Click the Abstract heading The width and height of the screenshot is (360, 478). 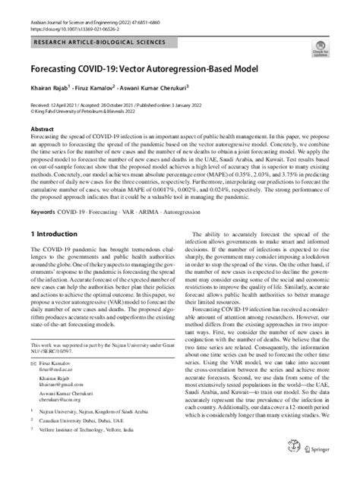pyautogui.click(x=42, y=129)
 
